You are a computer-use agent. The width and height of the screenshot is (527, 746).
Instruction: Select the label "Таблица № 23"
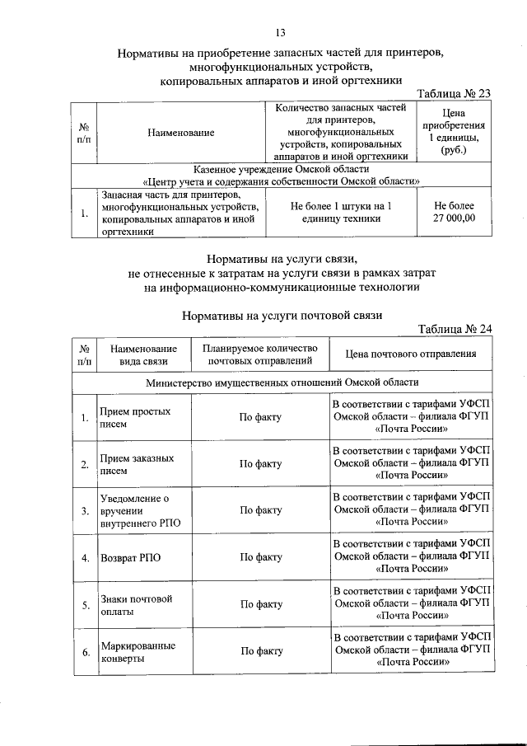point(455,94)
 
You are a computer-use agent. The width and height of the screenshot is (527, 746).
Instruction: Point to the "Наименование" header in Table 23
point(181,132)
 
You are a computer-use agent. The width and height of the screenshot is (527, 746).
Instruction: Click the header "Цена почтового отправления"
point(412,354)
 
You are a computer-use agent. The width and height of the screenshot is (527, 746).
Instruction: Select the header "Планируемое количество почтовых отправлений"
point(260,354)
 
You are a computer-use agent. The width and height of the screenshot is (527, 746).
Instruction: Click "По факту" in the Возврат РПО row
point(260,557)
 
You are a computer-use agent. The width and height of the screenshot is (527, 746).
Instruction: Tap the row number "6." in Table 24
point(85,652)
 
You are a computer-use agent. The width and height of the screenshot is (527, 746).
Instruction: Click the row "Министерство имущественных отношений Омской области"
point(282,382)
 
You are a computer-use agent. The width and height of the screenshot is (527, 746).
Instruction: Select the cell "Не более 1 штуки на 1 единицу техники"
point(341,213)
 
